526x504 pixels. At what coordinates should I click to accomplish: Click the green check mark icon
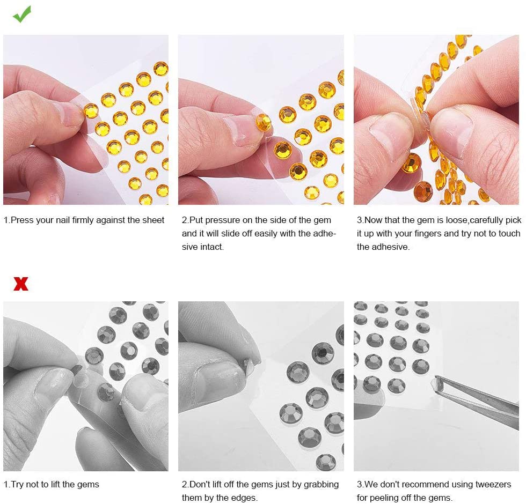[22, 14]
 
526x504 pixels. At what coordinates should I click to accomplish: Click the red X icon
[21, 284]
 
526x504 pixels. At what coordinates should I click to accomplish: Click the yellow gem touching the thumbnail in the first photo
[91, 111]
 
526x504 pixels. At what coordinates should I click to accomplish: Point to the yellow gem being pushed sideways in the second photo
[264, 122]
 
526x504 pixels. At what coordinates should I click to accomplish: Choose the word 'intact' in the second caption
[212, 247]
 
